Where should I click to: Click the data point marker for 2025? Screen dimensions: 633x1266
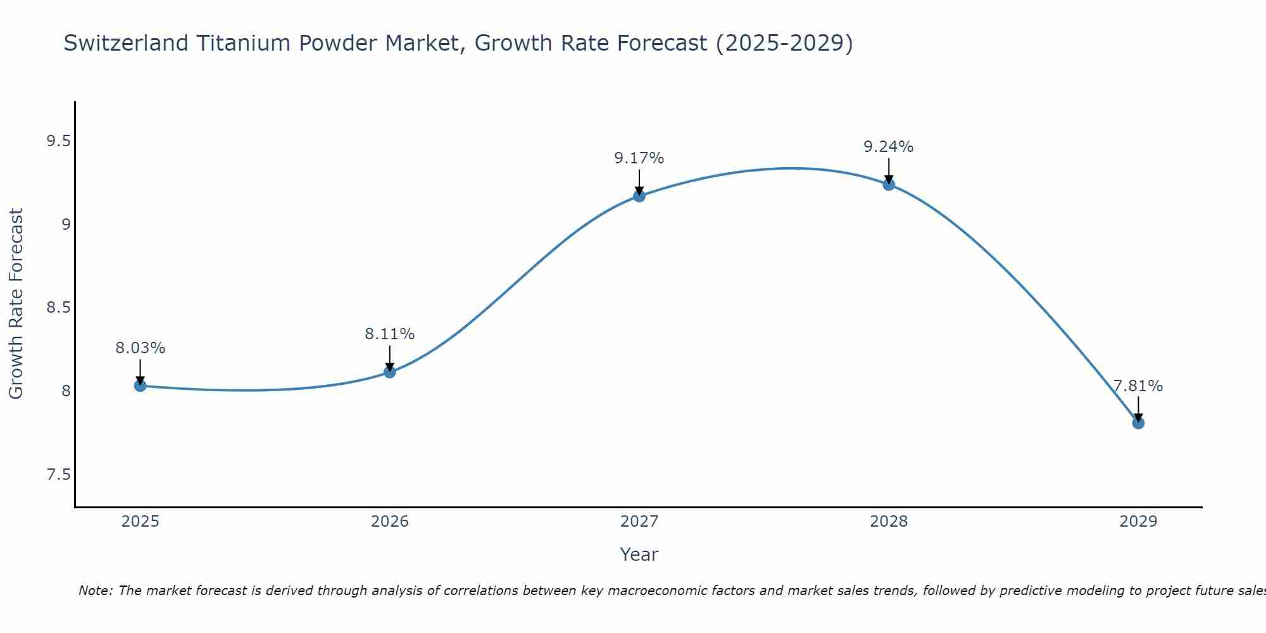[141, 385]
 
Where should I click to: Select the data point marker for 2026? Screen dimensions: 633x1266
[390, 372]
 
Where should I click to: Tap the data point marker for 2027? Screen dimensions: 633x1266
[639, 196]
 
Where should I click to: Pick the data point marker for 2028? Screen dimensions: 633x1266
[889, 184]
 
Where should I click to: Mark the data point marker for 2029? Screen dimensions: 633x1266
[1138, 423]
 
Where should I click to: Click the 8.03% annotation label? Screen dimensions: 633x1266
[141, 348]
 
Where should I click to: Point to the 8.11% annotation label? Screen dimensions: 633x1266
[390, 334]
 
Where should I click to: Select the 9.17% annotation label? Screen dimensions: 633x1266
[639, 158]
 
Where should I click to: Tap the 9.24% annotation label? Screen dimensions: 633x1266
[889, 147]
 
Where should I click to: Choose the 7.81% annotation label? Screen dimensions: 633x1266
[1138, 386]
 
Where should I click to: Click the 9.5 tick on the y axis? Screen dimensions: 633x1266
[58, 141]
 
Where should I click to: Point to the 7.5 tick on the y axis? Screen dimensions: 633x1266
[58, 475]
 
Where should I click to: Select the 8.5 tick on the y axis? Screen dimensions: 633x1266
[58, 308]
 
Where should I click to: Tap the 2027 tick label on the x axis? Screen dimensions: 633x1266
[639, 522]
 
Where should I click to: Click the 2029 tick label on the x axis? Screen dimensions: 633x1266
[1138, 522]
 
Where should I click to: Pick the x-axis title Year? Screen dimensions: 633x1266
[639, 555]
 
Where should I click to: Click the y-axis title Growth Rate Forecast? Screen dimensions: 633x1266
[16, 304]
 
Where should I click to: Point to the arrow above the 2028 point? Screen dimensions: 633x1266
[889, 171]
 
